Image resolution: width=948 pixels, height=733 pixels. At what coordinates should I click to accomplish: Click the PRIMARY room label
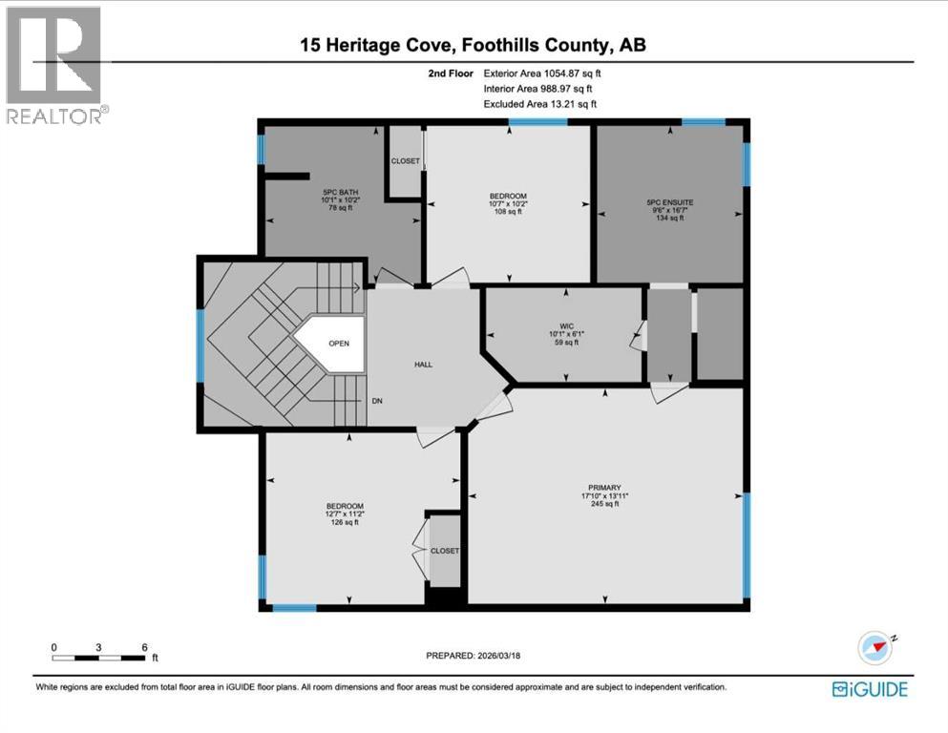pyautogui.click(x=605, y=486)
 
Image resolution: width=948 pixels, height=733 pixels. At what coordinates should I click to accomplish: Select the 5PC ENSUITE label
pyautogui.click(x=669, y=201)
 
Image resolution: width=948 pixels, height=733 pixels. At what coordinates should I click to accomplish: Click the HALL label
pyautogui.click(x=425, y=365)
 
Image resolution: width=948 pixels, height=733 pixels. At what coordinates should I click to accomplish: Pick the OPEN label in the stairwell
pyautogui.click(x=338, y=344)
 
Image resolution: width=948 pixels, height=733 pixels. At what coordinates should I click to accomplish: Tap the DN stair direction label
pyautogui.click(x=377, y=401)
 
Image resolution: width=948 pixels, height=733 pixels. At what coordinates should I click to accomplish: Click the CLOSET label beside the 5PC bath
pyautogui.click(x=406, y=160)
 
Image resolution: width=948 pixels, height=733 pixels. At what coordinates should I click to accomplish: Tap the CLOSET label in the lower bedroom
pyautogui.click(x=444, y=551)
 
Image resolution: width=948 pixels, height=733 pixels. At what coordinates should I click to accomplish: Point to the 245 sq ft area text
pyautogui.click(x=605, y=504)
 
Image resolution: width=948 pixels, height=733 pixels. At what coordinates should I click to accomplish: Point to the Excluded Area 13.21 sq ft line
pyautogui.click(x=540, y=104)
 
